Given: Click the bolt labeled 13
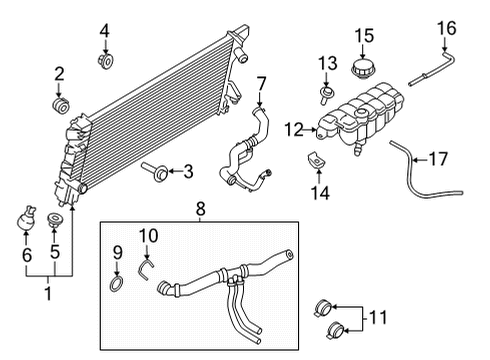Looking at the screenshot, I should pyautogui.click(x=326, y=97).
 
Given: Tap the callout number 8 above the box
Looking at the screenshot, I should pyautogui.click(x=200, y=210).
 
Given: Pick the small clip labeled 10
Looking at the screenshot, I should pyautogui.click(x=146, y=264).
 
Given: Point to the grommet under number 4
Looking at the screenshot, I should pyautogui.click(x=105, y=62).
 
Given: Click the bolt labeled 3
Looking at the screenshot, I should pyautogui.click(x=157, y=171).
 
